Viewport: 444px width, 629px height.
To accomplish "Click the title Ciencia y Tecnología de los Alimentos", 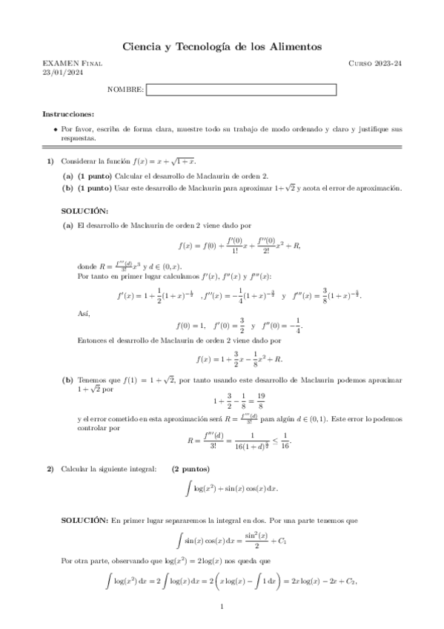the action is (x=222, y=47).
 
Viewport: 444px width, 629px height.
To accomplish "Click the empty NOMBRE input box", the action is (x=241, y=90).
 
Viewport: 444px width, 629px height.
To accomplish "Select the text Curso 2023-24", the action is (x=375, y=64).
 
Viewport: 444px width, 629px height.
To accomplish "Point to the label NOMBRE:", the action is (x=125, y=90).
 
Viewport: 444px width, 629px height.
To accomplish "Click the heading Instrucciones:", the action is (x=68, y=114).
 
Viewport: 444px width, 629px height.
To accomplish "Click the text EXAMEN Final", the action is (x=73, y=64).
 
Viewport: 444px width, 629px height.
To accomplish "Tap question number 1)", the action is (x=50, y=161).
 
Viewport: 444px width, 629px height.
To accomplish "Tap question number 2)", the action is (x=50, y=469).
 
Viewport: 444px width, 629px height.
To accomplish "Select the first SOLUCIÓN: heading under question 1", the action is (x=85, y=211).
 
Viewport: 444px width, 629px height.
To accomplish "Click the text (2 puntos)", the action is (x=190, y=469).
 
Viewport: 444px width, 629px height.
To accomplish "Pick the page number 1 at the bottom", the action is (x=222, y=608).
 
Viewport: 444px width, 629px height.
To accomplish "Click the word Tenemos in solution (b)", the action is (x=93, y=380).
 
